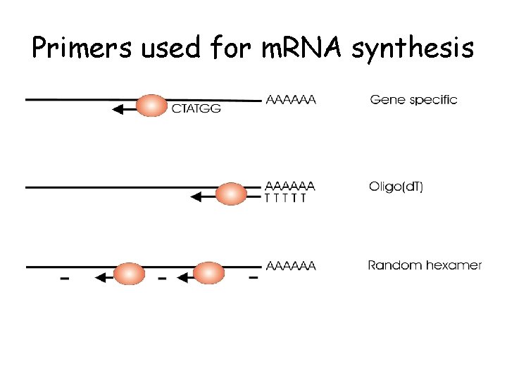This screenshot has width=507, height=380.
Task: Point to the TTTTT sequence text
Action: (285, 198)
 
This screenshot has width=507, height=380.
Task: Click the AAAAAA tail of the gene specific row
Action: (291, 100)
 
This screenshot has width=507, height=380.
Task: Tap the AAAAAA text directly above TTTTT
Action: (290, 186)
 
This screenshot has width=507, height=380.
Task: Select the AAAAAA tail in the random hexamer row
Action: (291, 266)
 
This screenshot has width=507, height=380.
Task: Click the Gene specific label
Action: (413, 100)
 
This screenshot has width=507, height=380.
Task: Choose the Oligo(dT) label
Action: (396, 187)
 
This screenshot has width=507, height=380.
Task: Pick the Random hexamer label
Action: (425, 265)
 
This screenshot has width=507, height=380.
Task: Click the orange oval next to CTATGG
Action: (151, 106)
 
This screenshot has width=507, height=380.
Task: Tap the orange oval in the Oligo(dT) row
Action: (230, 194)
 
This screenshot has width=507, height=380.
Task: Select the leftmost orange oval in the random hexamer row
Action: (129, 274)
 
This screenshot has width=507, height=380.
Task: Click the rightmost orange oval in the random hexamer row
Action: (208, 273)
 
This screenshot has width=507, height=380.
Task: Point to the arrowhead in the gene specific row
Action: (118, 109)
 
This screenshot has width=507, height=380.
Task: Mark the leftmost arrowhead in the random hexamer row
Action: (99, 278)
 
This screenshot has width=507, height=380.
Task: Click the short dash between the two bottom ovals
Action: (162, 279)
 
